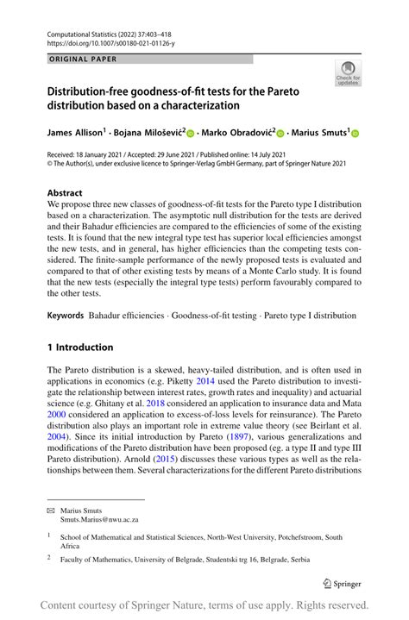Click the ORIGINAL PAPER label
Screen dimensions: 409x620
[83, 59]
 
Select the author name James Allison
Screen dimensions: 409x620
[74, 133]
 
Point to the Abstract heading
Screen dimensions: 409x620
[66, 192]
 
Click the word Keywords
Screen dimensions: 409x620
[66, 316]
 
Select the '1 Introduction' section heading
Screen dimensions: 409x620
[80, 348]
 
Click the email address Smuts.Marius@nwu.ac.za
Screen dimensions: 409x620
[99, 520]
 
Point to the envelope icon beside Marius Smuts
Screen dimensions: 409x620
[50, 510]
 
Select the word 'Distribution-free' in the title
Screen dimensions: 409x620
[92, 90]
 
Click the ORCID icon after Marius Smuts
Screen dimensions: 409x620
[354, 134]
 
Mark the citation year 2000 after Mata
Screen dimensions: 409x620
[58, 413]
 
